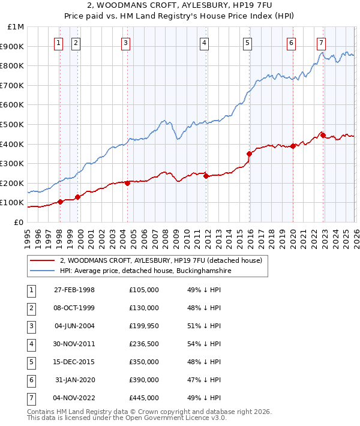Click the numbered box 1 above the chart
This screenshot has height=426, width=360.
(59, 43)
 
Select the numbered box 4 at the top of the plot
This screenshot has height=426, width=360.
(205, 43)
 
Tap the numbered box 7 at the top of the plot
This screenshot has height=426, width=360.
(322, 43)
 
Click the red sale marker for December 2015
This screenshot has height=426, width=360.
(249, 154)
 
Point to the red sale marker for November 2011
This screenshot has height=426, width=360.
(206, 176)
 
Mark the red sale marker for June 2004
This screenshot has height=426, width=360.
(127, 183)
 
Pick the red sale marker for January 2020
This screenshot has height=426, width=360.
(293, 146)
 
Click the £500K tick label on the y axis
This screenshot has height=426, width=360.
(13, 124)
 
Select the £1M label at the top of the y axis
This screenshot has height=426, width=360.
(16, 27)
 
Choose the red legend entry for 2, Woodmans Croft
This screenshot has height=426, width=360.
(161, 261)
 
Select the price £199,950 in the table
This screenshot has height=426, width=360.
(144, 325)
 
